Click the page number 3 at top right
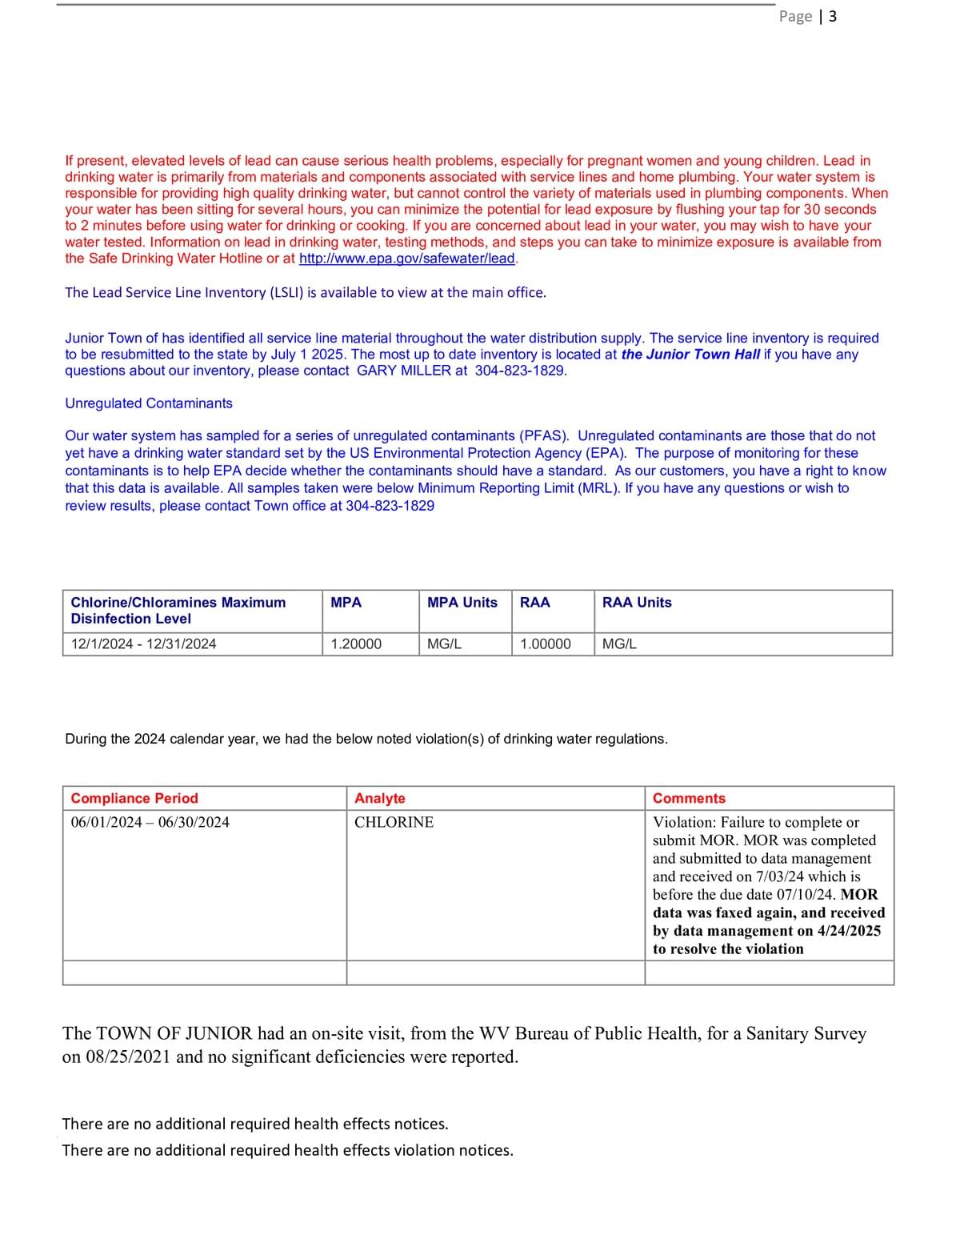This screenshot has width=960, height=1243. pyautogui.click(x=833, y=16)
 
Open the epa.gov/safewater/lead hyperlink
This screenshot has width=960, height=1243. pyautogui.click(x=407, y=259)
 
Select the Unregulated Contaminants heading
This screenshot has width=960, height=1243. pyautogui.click(x=149, y=403)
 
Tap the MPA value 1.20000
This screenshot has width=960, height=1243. pyautogui.click(x=356, y=644)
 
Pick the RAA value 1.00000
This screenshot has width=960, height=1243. pyautogui.click(x=546, y=644)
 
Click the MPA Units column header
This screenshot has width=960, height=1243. pyautogui.click(x=462, y=603)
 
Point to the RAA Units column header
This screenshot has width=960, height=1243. pyautogui.click(x=637, y=603)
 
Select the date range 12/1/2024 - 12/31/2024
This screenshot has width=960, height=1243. pyautogui.click(x=144, y=644)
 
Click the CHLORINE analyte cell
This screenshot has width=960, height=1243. pyautogui.click(x=394, y=823)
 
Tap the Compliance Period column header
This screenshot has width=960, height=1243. pyautogui.click(x=134, y=799)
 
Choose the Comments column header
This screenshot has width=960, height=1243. pyautogui.click(x=689, y=799)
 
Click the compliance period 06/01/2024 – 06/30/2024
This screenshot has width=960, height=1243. pyautogui.click(x=150, y=823)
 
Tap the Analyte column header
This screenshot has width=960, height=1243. pyautogui.click(x=380, y=799)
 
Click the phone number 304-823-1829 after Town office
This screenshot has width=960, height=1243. pyautogui.click(x=390, y=506)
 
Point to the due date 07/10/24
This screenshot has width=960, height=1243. pyautogui.click(x=806, y=895)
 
